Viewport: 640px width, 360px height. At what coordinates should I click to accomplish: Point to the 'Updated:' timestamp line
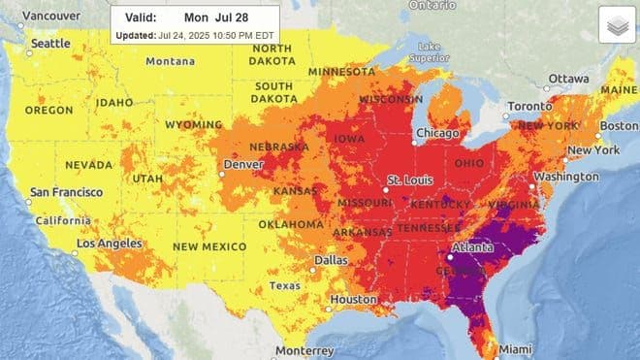pyautogui.click(x=195, y=35)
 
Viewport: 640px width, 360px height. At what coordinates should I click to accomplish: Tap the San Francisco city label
pyautogui.click(x=66, y=193)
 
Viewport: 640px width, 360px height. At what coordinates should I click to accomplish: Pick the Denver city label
pyautogui.click(x=243, y=165)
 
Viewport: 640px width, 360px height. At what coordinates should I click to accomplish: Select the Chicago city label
pyautogui.click(x=437, y=133)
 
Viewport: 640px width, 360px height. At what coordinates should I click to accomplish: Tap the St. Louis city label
pyautogui.click(x=409, y=181)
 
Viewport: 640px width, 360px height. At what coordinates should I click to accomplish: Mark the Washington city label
pyautogui.click(x=565, y=178)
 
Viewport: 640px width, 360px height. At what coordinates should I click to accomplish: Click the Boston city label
pyautogui.click(x=619, y=125)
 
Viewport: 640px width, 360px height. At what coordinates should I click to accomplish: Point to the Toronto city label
pyautogui.click(x=530, y=106)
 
